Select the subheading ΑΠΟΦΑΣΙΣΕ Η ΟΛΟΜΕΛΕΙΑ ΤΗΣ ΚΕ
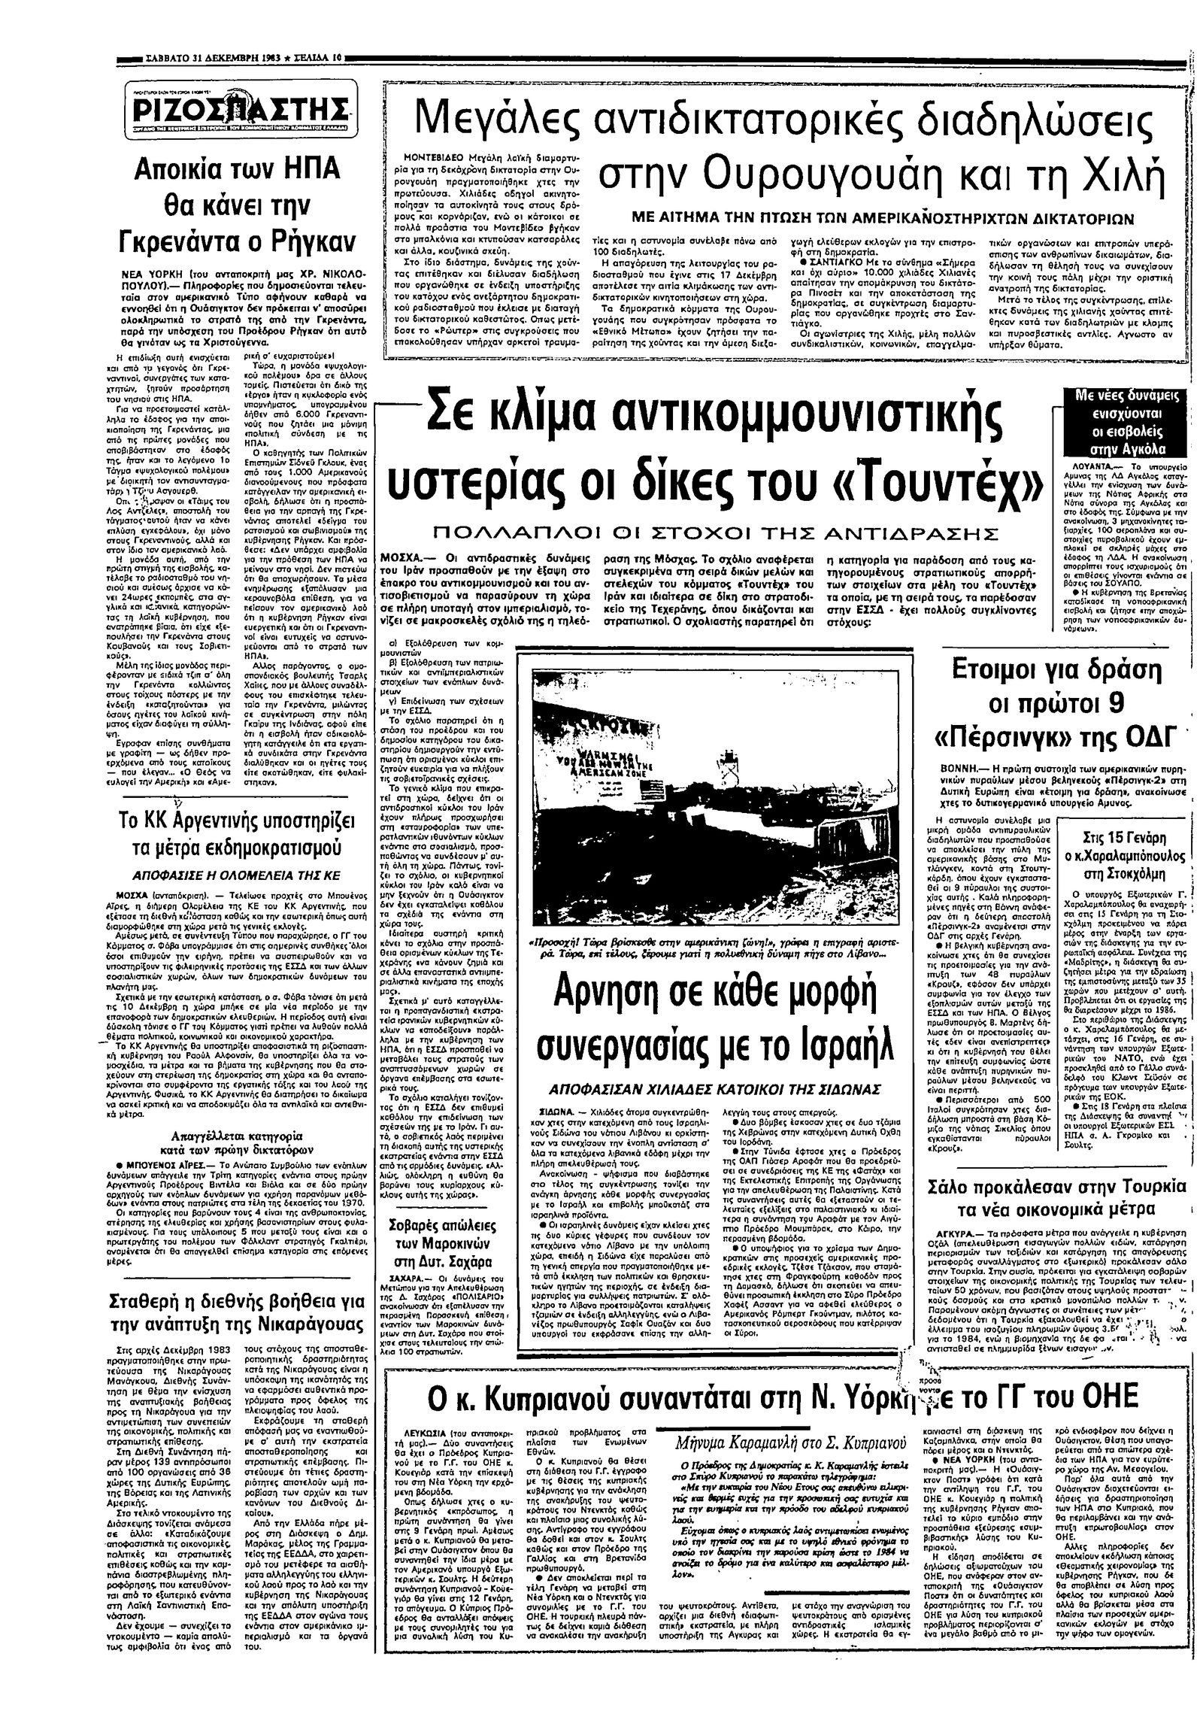point(237,875)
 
